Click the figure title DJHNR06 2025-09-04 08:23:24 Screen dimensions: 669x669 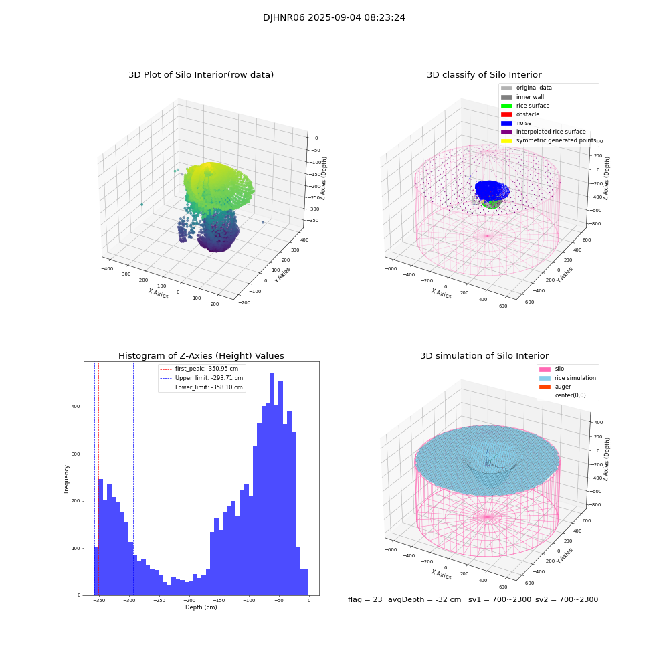(x=334, y=18)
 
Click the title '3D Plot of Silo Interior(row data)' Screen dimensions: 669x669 (x=201, y=75)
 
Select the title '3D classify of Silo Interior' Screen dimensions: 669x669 (x=484, y=75)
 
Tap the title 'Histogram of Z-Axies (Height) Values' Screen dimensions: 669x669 (x=201, y=356)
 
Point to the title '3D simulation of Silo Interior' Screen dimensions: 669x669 (x=484, y=356)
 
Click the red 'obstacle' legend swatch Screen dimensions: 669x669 (x=506, y=114)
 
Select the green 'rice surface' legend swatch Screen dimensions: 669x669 (x=506, y=106)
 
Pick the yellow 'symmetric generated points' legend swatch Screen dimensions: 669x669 (x=506, y=141)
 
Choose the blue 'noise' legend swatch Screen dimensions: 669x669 (x=506, y=123)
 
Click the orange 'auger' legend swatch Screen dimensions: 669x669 (x=545, y=387)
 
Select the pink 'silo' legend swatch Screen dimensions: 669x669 (x=545, y=369)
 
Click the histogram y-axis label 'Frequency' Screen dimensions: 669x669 (x=67, y=479)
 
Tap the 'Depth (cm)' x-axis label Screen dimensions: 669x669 (x=201, y=607)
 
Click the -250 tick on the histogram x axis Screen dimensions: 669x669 (x=159, y=601)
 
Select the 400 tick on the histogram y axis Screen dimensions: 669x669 (x=76, y=407)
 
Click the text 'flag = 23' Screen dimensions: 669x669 (x=365, y=600)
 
